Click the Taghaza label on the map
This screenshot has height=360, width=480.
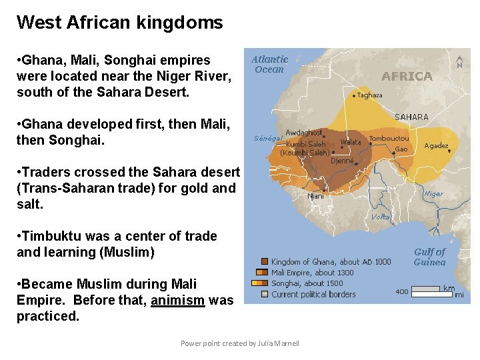[370, 95]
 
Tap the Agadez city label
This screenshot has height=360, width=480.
[436, 146]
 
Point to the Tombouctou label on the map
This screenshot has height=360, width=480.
[389, 139]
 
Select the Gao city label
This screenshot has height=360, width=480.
[401, 149]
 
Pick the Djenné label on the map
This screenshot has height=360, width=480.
[342, 161]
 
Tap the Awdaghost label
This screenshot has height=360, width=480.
[303, 133]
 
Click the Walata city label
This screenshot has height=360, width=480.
[351, 142]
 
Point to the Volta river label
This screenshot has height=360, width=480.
[380, 217]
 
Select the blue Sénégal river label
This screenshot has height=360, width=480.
[268, 139]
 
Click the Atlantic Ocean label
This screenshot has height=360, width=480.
[270, 64]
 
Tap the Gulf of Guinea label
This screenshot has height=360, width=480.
[429, 257]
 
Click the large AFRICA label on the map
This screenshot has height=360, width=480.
[407, 77]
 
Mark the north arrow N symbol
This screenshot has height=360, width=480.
[459, 61]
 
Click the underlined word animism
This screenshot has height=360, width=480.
[178, 300]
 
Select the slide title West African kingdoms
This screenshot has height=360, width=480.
[120, 23]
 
